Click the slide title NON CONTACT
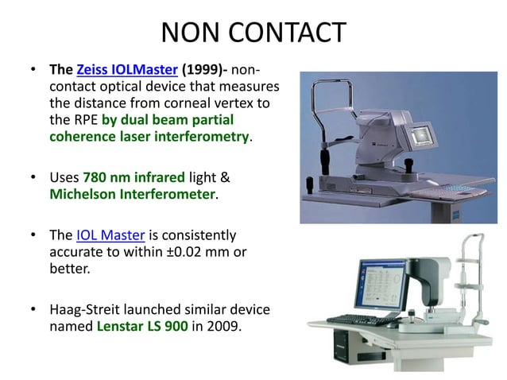253,33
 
